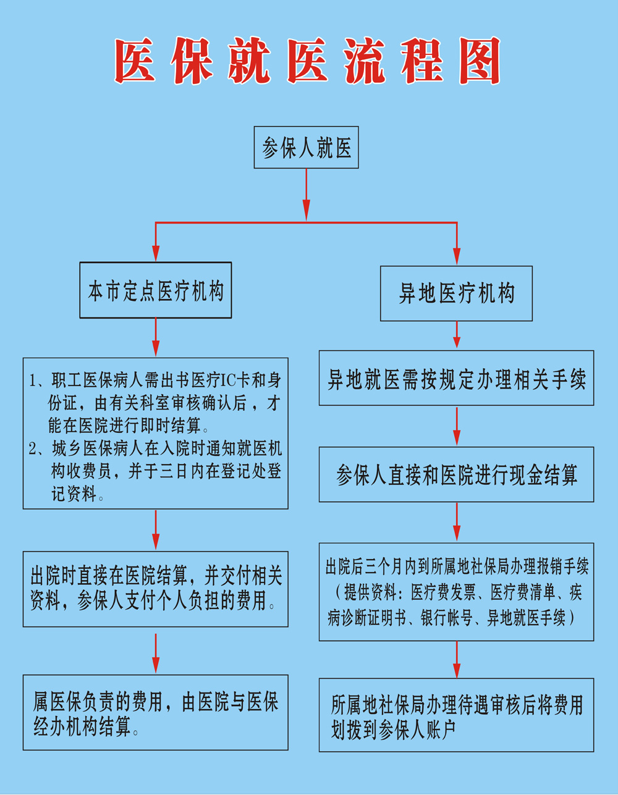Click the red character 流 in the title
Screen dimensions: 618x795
pyautogui.click(x=365, y=61)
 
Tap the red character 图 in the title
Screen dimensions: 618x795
pyautogui.click(x=480, y=61)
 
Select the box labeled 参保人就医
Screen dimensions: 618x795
pyautogui.click(x=307, y=148)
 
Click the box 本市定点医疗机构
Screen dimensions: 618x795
pyautogui.click(x=156, y=290)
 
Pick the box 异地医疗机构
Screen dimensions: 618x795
pyautogui.click(x=456, y=293)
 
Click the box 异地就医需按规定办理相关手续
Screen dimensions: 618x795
pyautogui.click(x=456, y=378)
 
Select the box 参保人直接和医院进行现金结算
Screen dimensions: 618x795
pyautogui.click(x=456, y=474)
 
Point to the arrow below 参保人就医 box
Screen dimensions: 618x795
pyautogui.click(x=307, y=195)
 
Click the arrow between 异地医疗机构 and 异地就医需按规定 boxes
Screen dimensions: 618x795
pyautogui.click(x=457, y=335)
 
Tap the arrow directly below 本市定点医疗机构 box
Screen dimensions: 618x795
pyautogui.click(x=156, y=337)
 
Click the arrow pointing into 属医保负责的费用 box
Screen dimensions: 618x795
pyautogui.click(x=156, y=654)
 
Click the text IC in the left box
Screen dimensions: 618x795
pyautogui.click(x=228, y=381)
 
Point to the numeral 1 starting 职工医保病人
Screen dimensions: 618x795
pyautogui.click(x=33, y=381)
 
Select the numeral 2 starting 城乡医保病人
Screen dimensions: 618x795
pyautogui.click(x=33, y=449)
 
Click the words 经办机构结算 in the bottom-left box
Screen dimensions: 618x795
pyautogui.click(x=82, y=727)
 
